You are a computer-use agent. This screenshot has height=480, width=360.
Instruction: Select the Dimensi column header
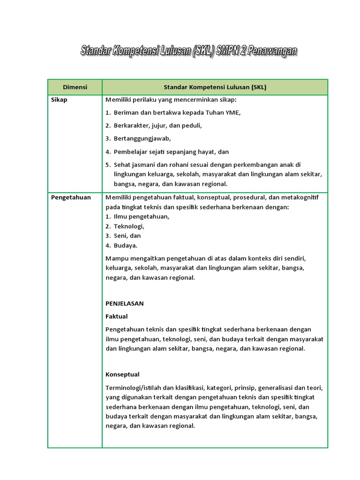click(75, 87)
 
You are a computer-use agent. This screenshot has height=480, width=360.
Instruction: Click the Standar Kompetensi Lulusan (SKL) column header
click(215, 87)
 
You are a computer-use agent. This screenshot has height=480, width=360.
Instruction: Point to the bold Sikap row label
click(59, 100)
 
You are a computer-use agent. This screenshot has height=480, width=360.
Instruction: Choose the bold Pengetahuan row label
click(70, 197)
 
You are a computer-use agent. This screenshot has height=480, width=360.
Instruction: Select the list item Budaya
click(125, 245)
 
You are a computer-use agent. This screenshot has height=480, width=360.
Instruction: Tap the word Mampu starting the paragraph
click(116, 258)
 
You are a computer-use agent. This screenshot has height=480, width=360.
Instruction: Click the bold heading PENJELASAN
click(125, 303)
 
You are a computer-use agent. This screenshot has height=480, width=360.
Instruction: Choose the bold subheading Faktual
click(117, 316)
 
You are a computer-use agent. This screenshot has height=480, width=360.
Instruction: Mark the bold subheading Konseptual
click(122, 375)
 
